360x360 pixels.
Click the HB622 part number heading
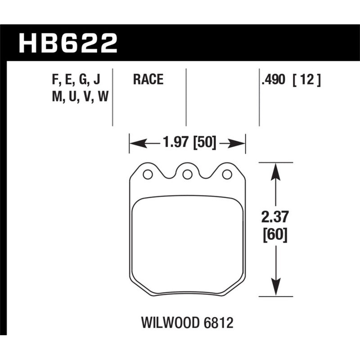67,44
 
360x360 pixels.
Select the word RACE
148,80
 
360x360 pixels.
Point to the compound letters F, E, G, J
76,80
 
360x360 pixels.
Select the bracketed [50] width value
205,144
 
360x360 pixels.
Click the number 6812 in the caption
219,323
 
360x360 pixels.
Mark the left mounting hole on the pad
147,174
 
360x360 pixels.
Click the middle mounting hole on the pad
187,174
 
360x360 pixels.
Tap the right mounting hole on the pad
227,174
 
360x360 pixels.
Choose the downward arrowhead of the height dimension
274,290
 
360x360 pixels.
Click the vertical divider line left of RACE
112,97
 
